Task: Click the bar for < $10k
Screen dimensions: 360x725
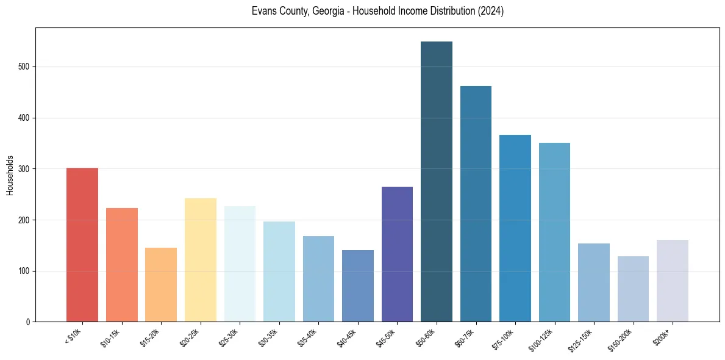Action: (82, 245)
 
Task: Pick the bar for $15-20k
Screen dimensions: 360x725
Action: (161, 284)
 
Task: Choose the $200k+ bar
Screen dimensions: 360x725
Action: (672, 281)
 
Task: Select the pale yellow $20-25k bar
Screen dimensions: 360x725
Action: (200, 260)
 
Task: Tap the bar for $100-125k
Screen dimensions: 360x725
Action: (554, 232)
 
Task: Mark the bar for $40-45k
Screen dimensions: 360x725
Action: (357, 286)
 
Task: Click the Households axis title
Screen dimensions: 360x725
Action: (10, 175)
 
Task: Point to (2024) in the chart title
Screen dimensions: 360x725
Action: (491, 12)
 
